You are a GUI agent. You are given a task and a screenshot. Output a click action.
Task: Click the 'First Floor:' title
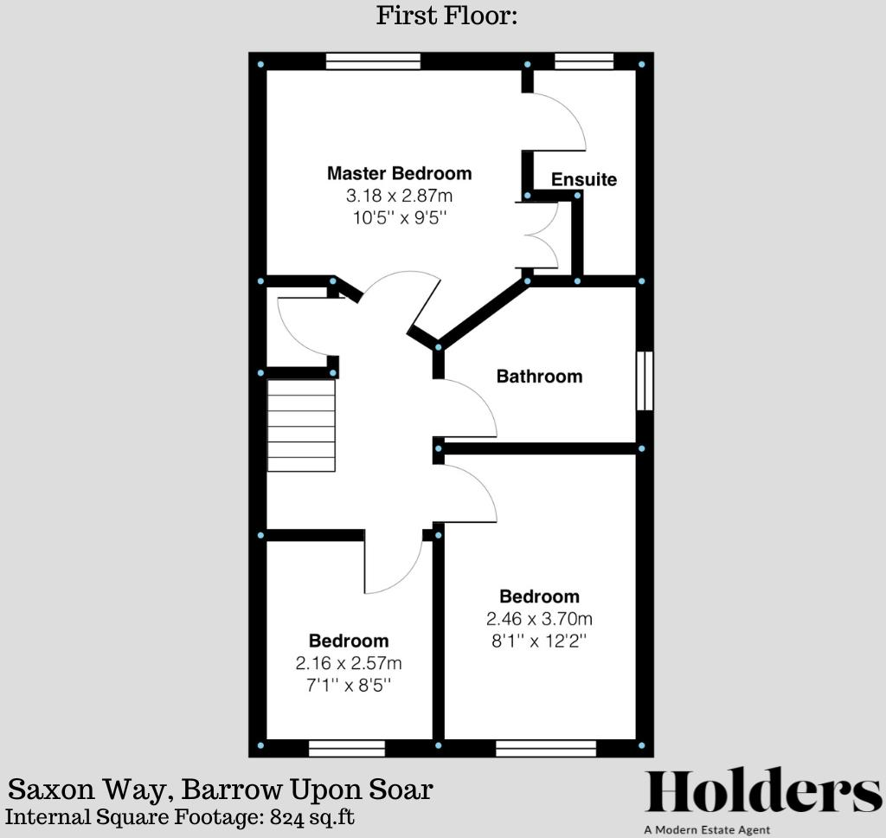pos(446,16)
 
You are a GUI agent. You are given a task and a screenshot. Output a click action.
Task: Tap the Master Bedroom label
pos(399,173)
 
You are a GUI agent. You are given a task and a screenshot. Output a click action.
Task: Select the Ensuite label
pos(584,179)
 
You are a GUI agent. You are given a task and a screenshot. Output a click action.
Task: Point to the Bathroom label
pos(539,377)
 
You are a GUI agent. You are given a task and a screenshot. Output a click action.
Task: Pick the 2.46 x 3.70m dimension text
pos(539,619)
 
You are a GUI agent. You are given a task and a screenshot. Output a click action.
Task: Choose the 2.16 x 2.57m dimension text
pos(349,664)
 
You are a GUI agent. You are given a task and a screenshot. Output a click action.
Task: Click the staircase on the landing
pos(301,426)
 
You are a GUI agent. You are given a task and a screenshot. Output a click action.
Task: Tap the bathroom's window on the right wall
pos(645,381)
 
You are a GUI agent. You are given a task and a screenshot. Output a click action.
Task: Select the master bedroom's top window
pos(373,61)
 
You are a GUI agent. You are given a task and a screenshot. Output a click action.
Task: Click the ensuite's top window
pos(584,61)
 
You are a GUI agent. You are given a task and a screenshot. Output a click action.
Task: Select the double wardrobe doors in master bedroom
pos(538,234)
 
